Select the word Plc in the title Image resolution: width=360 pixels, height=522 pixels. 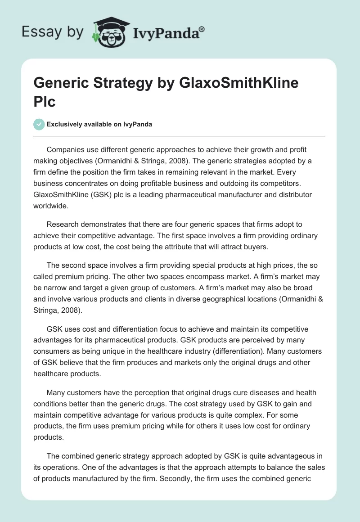coord(45,101)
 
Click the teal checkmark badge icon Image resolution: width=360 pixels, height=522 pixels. coord(40,125)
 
